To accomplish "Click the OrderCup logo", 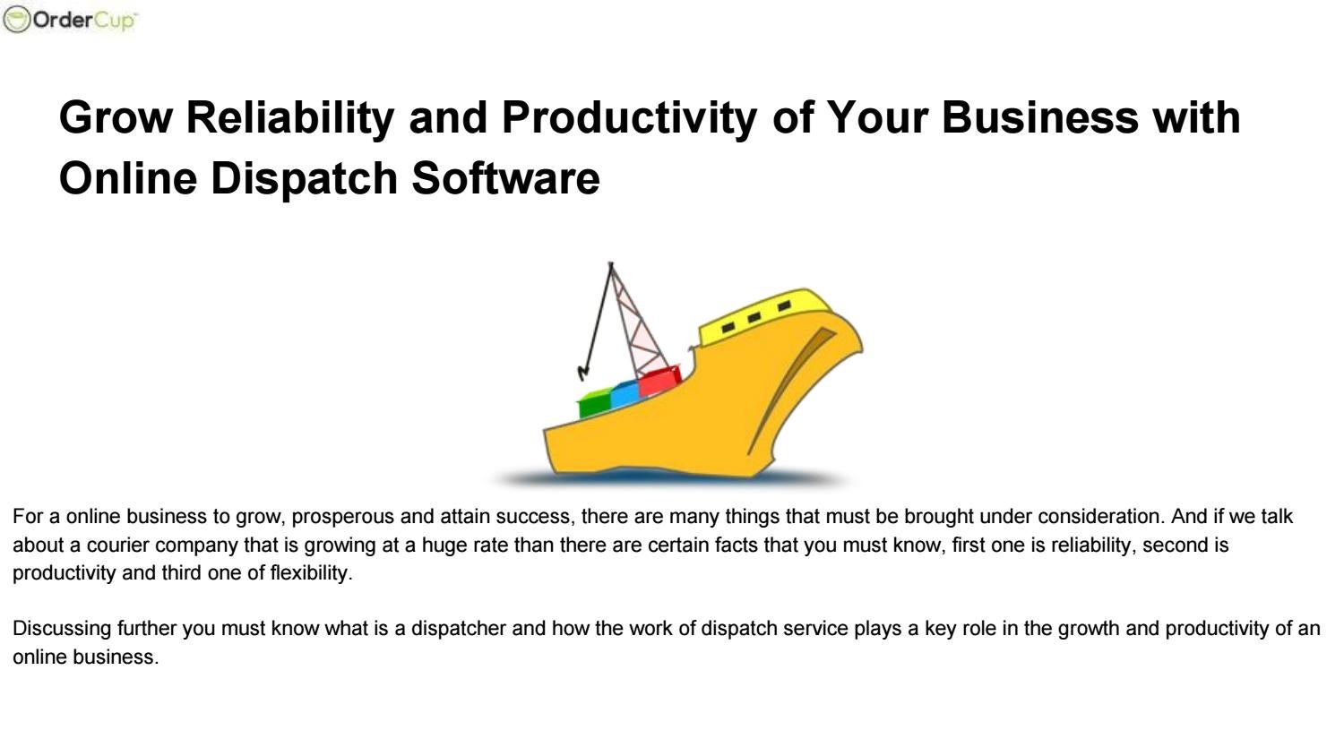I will point(71,20).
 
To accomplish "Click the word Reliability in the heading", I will point(289,117).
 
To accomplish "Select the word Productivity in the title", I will point(628,117).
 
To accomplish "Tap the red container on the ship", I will point(659,380).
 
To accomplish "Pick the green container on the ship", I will point(594,404).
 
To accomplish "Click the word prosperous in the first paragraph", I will point(343,517).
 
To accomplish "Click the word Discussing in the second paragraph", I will point(62,629).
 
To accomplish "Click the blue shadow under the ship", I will point(672,479).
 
